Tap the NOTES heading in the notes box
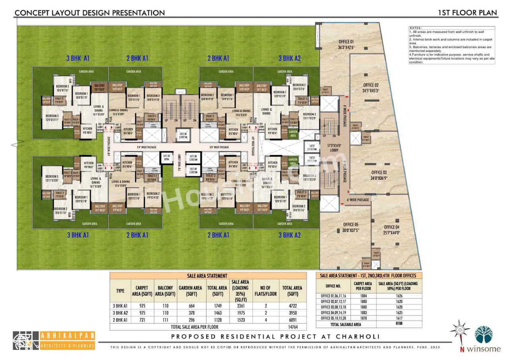415,28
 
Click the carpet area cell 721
142,319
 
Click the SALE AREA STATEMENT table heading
208,275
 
